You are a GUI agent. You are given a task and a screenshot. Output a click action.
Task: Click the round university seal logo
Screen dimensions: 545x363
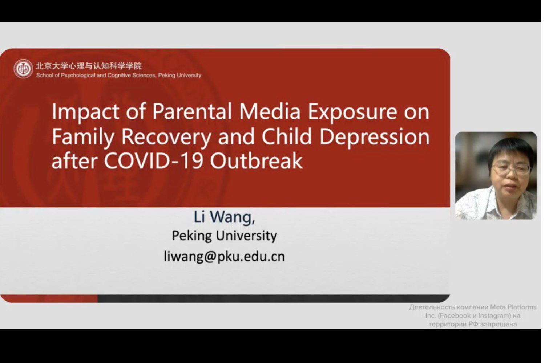[x=23, y=69]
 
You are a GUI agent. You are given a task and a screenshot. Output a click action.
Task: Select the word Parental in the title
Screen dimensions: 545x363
[x=192, y=111]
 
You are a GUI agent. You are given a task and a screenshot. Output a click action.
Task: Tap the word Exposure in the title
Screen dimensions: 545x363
[x=353, y=112]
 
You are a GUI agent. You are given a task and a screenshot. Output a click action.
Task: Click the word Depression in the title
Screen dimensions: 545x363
[x=375, y=138]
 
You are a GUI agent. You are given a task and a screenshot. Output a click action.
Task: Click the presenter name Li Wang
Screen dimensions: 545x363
[x=224, y=217]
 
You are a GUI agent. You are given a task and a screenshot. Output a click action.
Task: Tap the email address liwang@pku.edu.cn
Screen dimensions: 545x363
[x=224, y=256]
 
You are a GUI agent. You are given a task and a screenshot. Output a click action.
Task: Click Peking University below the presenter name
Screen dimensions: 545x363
[x=224, y=236]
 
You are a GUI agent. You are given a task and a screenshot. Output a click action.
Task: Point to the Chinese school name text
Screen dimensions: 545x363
[x=89, y=66]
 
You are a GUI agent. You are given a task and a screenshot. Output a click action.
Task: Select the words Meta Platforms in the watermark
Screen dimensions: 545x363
[x=513, y=307]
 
